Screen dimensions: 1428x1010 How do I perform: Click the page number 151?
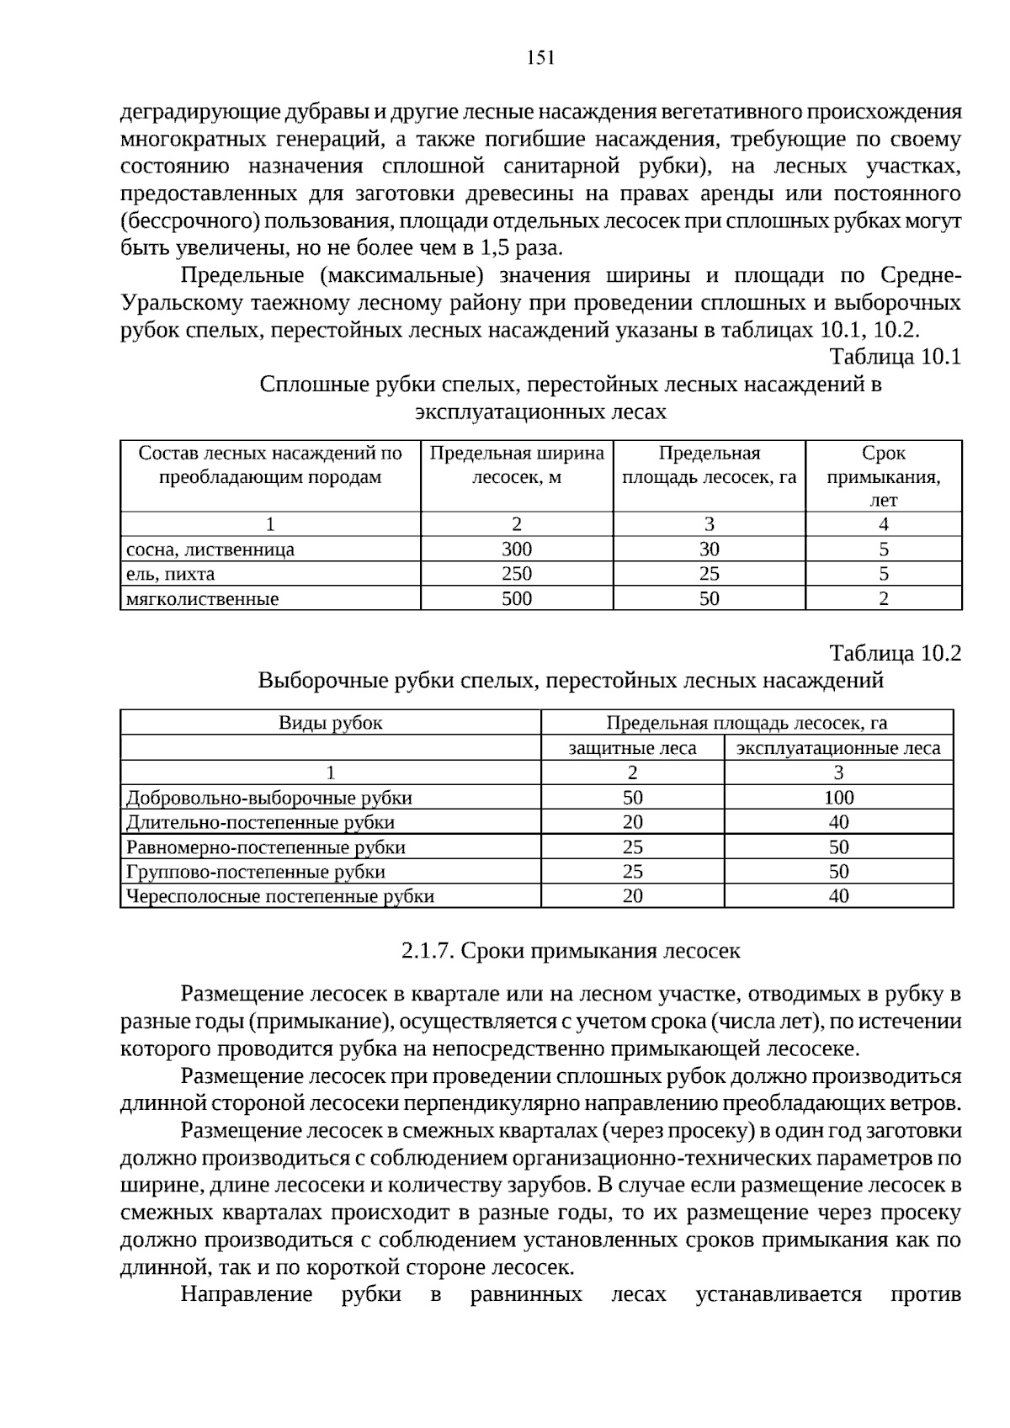tap(540, 57)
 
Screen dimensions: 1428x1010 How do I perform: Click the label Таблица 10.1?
tap(895, 357)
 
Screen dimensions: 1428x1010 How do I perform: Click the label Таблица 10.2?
tap(895, 653)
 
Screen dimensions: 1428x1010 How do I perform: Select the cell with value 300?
tap(516, 549)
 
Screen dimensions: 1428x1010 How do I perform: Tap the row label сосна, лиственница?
tap(210, 550)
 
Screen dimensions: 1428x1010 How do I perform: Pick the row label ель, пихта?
tap(170, 575)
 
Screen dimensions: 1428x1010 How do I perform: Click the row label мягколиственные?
tap(202, 599)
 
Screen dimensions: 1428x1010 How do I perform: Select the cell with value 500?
tap(516, 598)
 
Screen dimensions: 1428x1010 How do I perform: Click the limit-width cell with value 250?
tap(516, 574)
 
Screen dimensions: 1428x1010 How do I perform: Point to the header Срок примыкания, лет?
tap(883, 476)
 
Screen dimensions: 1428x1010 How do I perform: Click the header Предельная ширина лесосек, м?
tap(516, 465)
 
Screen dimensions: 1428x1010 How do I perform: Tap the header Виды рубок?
tap(330, 723)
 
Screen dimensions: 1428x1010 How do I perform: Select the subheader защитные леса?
tap(632, 748)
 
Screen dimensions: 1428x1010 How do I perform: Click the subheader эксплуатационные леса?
tap(838, 748)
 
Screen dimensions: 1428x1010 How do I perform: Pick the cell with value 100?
tap(838, 798)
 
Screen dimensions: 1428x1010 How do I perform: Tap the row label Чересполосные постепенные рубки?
tap(279, 896)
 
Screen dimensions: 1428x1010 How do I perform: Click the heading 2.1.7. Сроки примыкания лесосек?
tap(571, 951)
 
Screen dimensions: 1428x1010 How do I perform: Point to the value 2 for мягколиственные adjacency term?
tap(883, 599)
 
